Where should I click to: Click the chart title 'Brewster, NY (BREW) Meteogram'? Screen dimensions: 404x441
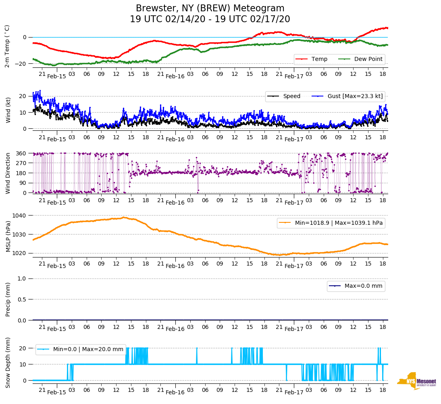(x=210, y=8)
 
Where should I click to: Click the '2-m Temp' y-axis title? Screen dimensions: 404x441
(x=7, y=46)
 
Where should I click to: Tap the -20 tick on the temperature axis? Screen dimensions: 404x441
(x=21, y=64)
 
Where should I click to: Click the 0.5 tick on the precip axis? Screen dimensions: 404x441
(x=23, y=299)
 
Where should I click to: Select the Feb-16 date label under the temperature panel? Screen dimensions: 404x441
(x=175, y=76)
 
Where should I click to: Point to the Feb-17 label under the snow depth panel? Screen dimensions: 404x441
(x=294, y=392)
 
